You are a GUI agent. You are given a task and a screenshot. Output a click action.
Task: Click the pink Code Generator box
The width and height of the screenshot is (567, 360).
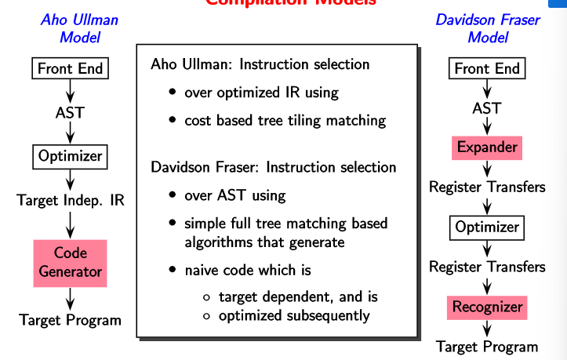[71, 262]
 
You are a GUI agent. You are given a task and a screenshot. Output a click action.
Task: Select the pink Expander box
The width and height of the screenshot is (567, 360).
[487, 147]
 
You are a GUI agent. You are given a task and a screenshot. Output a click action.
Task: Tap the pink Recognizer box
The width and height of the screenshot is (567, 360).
[487, 307]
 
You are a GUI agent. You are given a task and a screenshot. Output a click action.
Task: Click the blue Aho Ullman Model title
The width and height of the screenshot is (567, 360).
[79, 27]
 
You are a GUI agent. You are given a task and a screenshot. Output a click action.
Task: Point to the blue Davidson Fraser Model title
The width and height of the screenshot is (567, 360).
[487, 27]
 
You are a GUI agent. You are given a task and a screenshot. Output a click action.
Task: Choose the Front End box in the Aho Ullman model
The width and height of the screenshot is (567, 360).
[71, 68]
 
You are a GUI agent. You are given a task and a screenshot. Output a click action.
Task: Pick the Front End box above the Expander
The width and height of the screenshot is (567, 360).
[487, 68]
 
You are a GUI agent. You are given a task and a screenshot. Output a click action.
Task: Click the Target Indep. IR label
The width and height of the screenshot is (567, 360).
[71, 200]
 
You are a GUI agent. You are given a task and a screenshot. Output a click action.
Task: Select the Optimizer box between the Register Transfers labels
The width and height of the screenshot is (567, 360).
[487, 227]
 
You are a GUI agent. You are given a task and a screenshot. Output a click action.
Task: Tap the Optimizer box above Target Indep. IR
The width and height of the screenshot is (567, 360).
[71, 156]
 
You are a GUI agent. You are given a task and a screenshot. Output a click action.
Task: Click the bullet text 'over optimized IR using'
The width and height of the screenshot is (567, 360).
[261, 93]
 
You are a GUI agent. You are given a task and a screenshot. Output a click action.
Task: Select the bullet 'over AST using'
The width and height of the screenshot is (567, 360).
[234, 195]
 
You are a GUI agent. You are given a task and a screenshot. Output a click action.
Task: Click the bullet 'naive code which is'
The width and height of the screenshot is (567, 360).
[248, 270]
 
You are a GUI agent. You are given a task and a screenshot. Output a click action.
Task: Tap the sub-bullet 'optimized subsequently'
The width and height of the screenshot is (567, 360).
[293, 316]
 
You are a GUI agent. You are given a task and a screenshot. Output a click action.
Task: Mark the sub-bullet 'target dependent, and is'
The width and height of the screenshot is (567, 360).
[298, 297]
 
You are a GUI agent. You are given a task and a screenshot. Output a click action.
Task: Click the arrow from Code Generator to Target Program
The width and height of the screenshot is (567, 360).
[71, 298]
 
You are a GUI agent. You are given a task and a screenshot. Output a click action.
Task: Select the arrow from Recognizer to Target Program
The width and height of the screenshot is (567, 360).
[487, 328]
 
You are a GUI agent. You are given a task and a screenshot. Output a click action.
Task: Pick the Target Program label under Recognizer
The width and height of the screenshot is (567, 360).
[487, 347]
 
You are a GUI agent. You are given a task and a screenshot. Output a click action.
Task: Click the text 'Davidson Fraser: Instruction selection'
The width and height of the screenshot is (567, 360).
[273, 167]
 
